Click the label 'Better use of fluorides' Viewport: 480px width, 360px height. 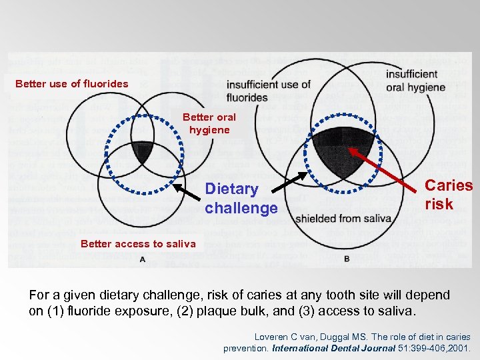click(x=71, y=84)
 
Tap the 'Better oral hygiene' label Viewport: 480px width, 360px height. click(x=209, y=123)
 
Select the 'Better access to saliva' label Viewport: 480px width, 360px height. click(x=138, y=243)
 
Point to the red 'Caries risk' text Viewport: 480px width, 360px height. click(x=448, y=195)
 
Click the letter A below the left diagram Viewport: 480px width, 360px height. click(x=143, y=259)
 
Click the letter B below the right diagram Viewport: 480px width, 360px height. click(x=347, y=259)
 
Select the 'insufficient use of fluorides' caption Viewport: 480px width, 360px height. click(x=268, y=90)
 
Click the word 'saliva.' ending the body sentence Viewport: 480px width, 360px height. click(x=395, y=311)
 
